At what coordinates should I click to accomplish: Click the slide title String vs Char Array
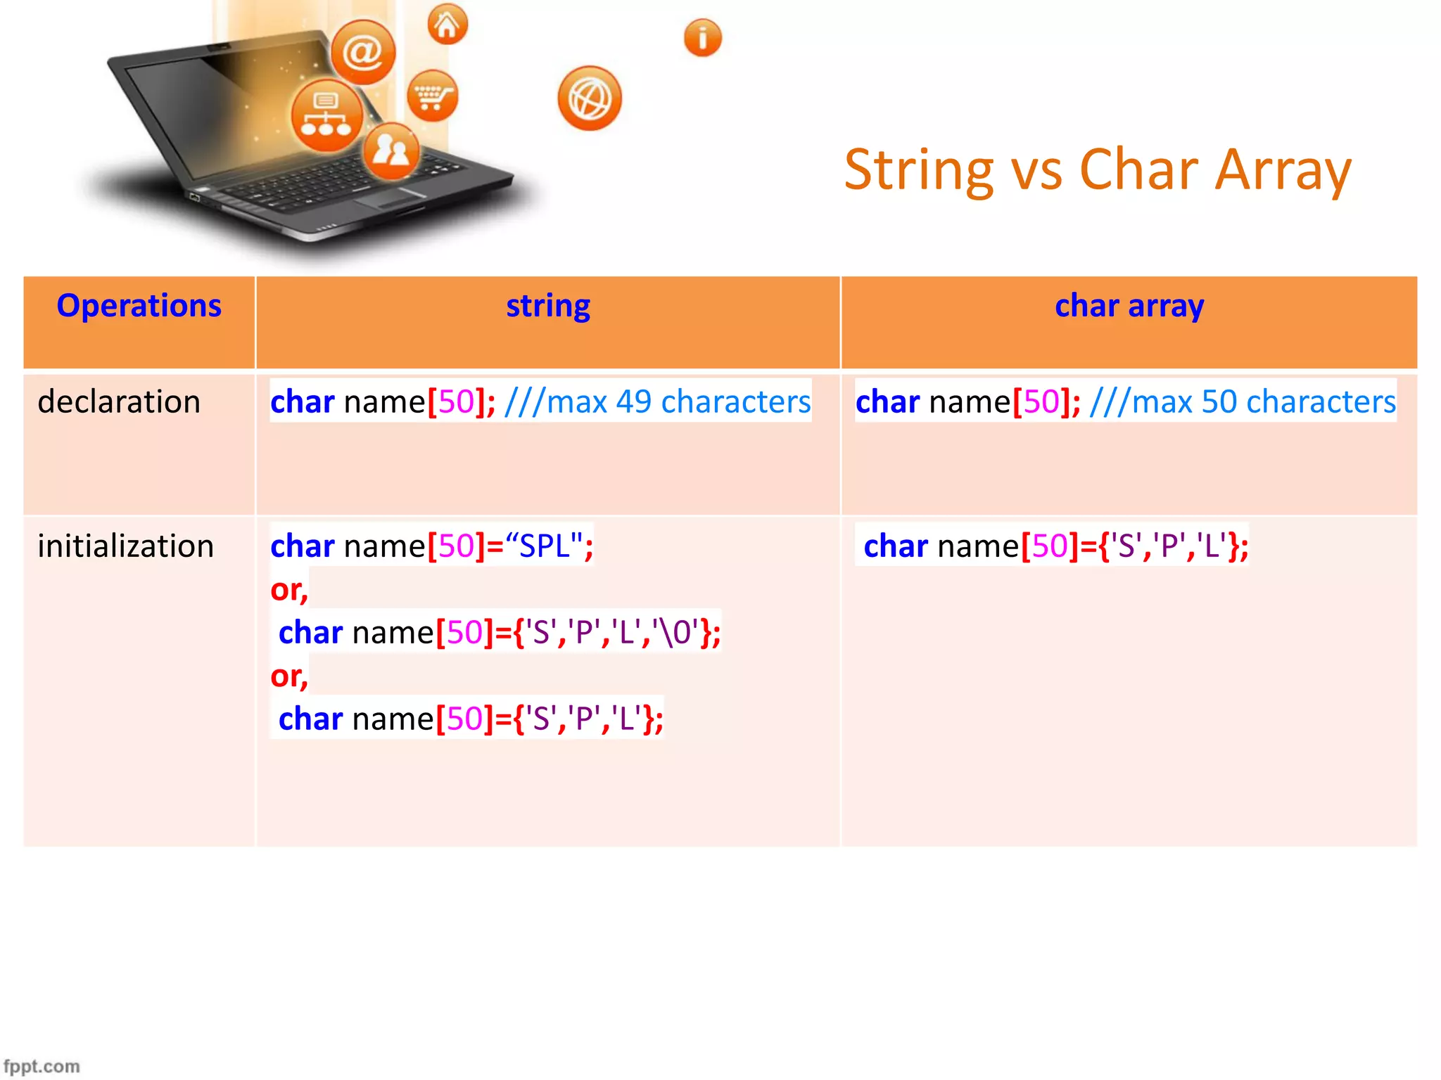[x=1097, y=170]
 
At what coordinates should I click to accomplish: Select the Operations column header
[x=139, y=307]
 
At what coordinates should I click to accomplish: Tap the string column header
[x=548, y=307]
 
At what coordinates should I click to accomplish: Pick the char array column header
[x=1129, y=307]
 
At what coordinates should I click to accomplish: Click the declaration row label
[x=119, y=402]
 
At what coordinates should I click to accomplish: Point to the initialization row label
[x=125, y=546]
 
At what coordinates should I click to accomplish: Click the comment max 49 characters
[x=658, y=402]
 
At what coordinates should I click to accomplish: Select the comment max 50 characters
[x=1243, y=402]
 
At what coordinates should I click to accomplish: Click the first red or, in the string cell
[x=289, y=590]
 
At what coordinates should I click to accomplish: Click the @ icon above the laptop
[x=363, y=52]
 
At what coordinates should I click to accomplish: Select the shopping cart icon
[x=432, y=96]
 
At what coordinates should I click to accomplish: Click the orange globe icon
[x=590, y=98]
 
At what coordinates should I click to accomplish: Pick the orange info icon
[x=702, y=38]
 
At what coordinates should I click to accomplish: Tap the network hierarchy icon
[x=326, y=115]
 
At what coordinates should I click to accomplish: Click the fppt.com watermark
[x=42, y=1066]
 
